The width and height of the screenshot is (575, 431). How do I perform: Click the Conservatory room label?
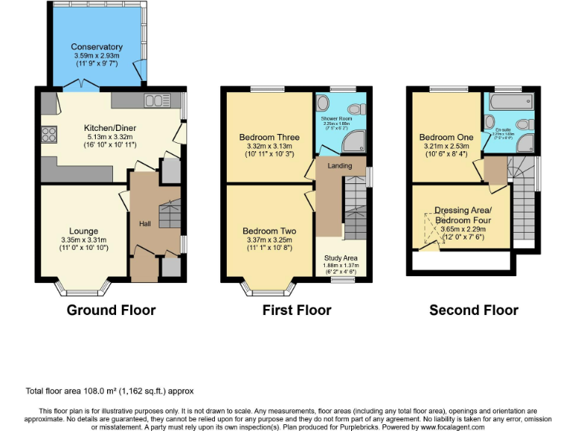[x=97, y=47]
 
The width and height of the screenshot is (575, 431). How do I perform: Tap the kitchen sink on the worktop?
[x=156, y=100]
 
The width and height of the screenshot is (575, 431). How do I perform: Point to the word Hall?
[x=144, y=223]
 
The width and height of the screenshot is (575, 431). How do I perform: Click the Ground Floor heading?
[x=111, y=310]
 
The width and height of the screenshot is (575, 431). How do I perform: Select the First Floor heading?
[x=296, y=310]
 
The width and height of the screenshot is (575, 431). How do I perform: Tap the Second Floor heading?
[x=473, y=310]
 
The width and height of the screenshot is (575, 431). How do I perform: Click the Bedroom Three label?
[x=270, y=137]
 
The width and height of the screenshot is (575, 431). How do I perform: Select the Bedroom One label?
[x=446, y=137]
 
